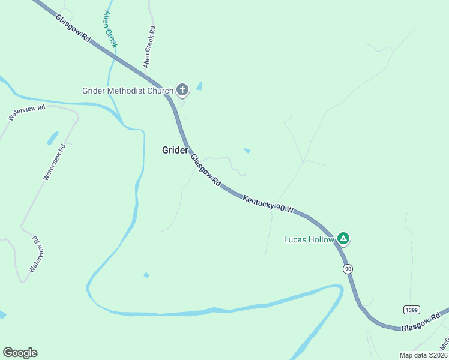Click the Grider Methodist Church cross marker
click(182, 91)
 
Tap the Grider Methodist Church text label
click(128, 91)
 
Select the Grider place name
click(175, 150)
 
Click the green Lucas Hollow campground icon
click(343, 239)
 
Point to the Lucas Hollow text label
click(309, 239)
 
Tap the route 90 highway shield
click(348, 269)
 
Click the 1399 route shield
click(411, 310)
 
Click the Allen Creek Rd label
click(149, 46)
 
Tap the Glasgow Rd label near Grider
click(206, 170)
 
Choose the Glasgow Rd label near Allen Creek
click(73, 28)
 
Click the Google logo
click(20, 353)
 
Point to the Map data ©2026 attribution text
click(424, 355)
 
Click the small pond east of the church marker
click(199, 86)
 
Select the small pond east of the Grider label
click(247, 150)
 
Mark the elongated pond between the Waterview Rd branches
click(53, 138)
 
